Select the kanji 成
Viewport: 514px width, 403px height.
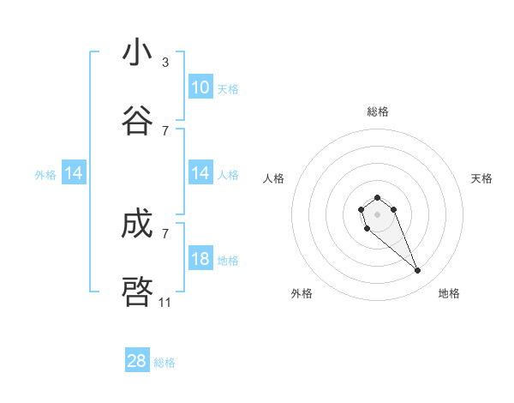pyautogui.click(x=137, y=224)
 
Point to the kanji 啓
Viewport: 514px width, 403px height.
pyautogui.click(x=137, y=292)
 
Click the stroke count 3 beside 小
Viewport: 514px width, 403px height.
pyautogui.click(x=165, y=63)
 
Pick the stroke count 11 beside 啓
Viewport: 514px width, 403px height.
pyautogui.click(x=165, y=303)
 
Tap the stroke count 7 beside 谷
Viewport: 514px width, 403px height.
pyautogui.click(x=165, y=131)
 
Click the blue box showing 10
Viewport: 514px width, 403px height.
pyautogui.click(x=200, y=87)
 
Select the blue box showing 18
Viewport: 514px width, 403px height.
pyautogui.click(x=200, y=259)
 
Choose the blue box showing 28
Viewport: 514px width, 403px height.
pyautogui.click(x=137, y=361)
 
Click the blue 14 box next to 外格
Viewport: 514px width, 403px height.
pyautogui.click(x=74, y=173)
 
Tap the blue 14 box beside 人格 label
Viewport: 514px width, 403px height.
pyautogui.click(x=200, y=173)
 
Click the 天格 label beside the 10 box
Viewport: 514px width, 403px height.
pyautogui.click(x=228, y=88)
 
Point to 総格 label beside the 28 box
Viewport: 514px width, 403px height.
pyautogui.click(x=164, y=363)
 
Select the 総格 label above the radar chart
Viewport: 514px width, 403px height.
pyautogui.click(x=378, y=111)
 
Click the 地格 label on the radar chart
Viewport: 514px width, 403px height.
pyautogui.click(x=449, y=293)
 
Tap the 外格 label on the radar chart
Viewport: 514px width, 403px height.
pyautogui.click(x=302, y=293)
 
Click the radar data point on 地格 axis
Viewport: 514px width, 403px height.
pyautogui.click(x=418, y=271)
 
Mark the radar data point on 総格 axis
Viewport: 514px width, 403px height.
pyautogui.click(x=377, y=198)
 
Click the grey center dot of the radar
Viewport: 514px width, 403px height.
pyautogui.click(x=377, y=214)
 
